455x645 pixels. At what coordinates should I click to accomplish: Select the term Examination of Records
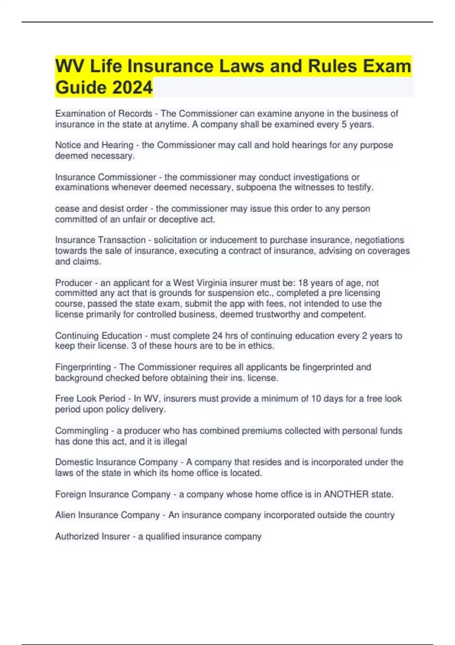(104, 113)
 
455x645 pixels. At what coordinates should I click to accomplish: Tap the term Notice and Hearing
(94, 145)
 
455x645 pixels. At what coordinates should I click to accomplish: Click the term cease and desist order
(101, 209)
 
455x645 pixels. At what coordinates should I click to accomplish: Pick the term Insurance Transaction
(100, 240)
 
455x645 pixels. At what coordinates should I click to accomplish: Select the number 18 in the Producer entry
(303, 283)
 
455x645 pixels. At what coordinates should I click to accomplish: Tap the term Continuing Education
(99, 336)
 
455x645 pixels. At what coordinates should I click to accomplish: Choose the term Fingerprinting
(83, 367)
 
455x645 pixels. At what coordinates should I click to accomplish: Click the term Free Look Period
(90, 399)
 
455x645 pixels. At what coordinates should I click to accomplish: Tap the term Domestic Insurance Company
(116, 462)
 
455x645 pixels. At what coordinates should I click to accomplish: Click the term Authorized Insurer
(93, 536)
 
